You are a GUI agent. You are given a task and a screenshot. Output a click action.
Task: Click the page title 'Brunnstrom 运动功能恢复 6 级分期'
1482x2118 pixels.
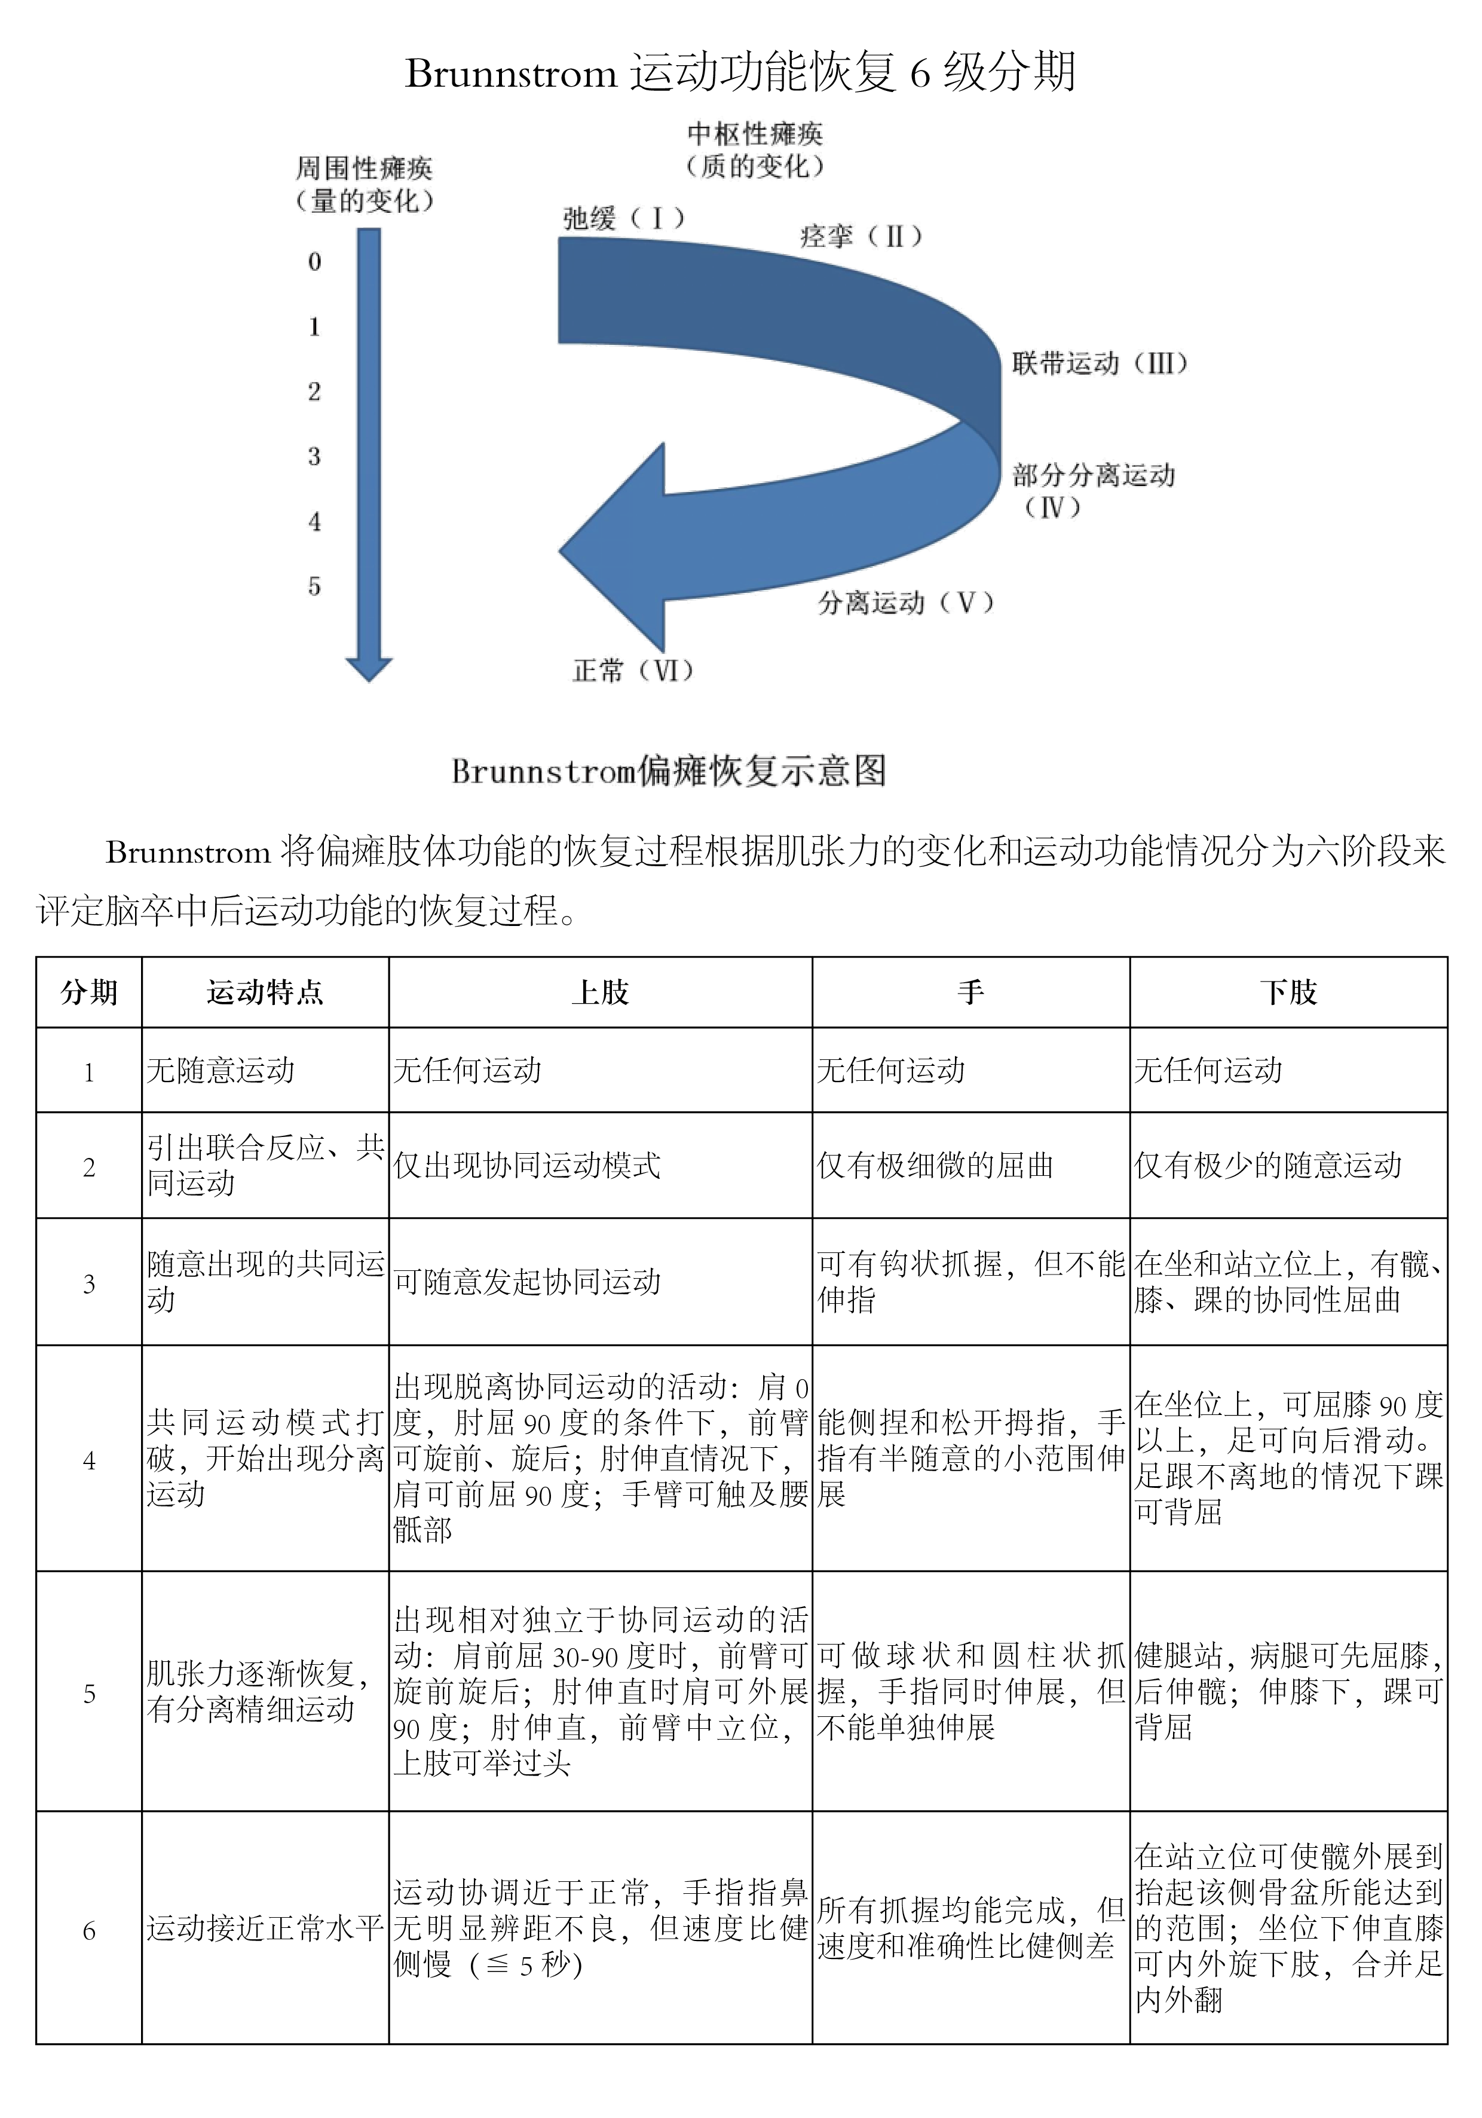[x=740, y=72]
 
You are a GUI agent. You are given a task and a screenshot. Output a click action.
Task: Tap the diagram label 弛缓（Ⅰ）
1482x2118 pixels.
[x=624, y=219]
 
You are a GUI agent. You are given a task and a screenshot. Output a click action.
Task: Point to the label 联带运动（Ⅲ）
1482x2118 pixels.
[x=1100, y=362]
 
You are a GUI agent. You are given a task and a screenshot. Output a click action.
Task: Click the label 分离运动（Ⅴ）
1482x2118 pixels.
[x=905, y=603]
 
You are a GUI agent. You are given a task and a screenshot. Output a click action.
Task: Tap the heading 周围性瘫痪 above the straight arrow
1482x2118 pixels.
[x=363, y=168]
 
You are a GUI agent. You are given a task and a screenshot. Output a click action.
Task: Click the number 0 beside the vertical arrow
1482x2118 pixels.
[x=314, y=262]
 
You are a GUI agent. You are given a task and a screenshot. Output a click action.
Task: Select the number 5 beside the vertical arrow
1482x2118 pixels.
[x=314, y=586]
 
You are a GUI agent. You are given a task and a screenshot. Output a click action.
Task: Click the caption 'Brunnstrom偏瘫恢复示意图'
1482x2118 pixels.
[x=669, y=771]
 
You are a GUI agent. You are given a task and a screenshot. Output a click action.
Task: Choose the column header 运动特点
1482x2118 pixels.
[x=265, y=992]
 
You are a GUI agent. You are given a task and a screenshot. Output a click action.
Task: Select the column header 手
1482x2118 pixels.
[x=970, y=992]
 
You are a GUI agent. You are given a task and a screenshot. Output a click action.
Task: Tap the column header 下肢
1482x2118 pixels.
[x=1288, y=992]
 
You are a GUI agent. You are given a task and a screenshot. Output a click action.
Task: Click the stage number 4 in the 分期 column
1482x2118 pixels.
[x=90, y=1461]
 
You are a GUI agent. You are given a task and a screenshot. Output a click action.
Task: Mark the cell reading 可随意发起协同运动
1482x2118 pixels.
[x=528, y=1281]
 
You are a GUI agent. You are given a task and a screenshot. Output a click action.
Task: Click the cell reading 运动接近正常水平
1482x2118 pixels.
[x=265, y=1928]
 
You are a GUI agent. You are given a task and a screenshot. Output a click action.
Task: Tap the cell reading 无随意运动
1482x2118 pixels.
[x=221, y=1070]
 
